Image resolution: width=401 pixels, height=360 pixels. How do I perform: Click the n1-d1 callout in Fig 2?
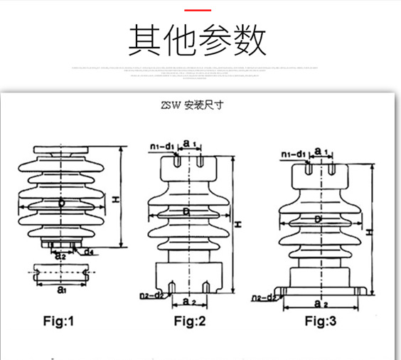163,147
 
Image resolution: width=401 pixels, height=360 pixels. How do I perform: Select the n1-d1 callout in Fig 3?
293,154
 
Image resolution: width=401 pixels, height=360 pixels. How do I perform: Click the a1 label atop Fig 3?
320,152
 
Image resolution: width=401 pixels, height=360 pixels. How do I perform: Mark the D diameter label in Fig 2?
186,211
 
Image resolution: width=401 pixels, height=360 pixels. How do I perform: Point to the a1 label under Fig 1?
61,290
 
